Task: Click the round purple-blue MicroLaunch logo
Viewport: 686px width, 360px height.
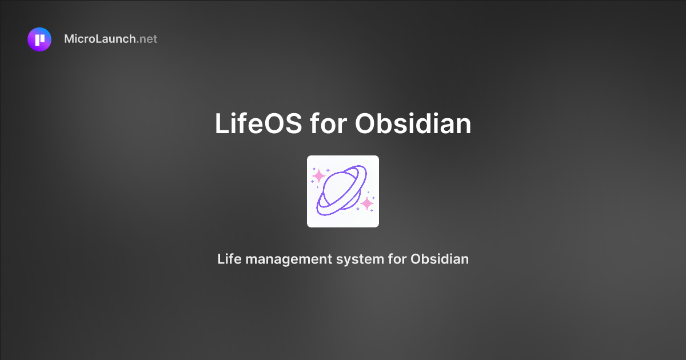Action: pos(39,39)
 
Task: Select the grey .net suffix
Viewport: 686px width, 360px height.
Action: pos(147,39)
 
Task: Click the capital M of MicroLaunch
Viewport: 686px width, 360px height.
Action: pos(70,39)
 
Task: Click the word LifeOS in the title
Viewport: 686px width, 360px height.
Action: pos(258,123)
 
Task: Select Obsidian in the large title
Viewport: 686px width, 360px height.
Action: pos(413,123)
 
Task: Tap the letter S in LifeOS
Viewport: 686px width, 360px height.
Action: pos(292,123)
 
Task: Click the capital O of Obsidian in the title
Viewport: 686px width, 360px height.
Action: pos(366,123)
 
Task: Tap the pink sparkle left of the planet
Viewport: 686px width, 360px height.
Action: pos(319,175)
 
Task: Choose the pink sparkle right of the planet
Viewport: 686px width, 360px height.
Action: pos(367,203)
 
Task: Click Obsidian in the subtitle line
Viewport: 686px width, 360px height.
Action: pos(440,259)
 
